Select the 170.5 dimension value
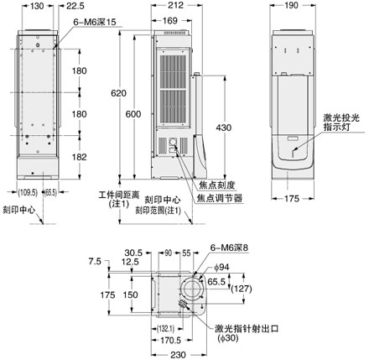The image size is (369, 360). tap(161, 342)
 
